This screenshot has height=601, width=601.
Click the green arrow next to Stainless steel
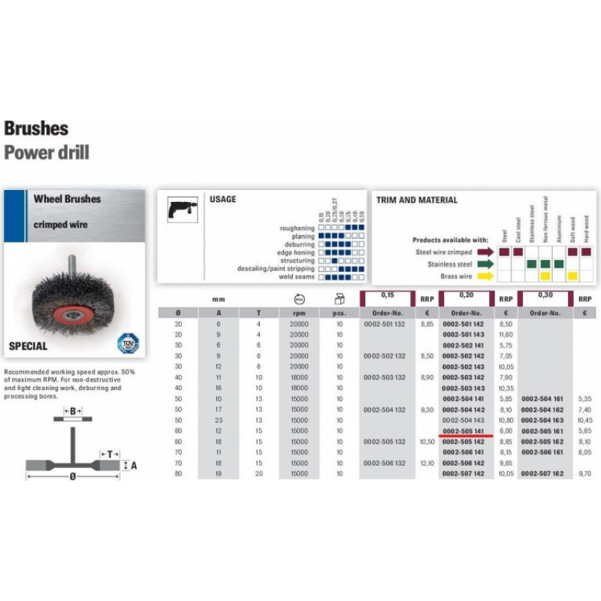485,264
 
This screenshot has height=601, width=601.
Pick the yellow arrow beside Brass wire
485,276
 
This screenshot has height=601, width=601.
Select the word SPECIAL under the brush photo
28,346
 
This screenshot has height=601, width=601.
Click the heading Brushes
36,128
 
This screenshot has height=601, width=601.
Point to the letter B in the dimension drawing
72,411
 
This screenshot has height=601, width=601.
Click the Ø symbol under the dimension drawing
72,476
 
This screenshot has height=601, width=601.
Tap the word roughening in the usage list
297,227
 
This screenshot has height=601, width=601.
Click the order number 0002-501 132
385,324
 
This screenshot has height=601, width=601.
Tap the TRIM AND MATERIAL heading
417,201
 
